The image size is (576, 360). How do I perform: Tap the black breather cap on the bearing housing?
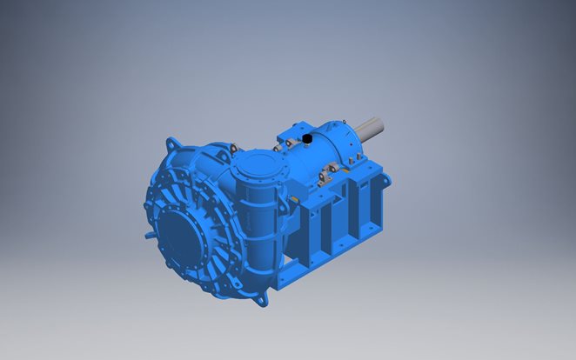click(307, 138)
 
